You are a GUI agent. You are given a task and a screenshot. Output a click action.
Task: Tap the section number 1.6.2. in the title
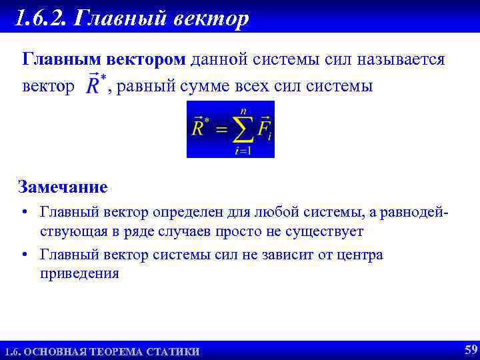tap(41, 17)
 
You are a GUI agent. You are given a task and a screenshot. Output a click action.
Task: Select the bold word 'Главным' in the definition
tap(58, 60)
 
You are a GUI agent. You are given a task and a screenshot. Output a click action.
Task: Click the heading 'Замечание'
tap(63, 186)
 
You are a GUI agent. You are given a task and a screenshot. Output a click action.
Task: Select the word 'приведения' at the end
tap(79, 273)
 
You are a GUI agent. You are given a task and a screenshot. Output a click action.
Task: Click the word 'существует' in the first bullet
tap(323, 231)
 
